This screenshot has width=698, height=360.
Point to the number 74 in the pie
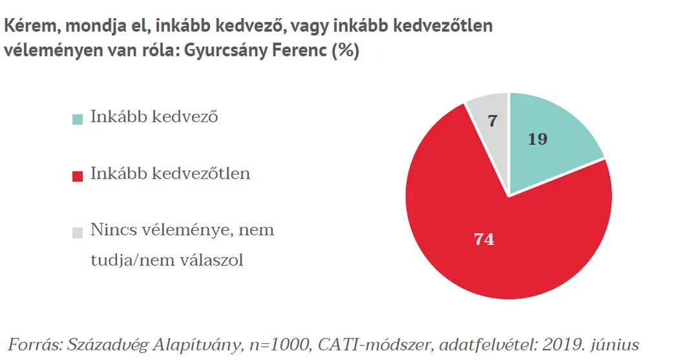(x=484, y=239)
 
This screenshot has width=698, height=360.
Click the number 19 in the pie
(x=538, y=138)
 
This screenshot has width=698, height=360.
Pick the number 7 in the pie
(x=492, y=121)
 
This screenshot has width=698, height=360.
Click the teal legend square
(x=78, y=119)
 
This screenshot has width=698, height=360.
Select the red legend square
(x=78, y=175)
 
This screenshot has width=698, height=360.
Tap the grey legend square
(x=78, y=231)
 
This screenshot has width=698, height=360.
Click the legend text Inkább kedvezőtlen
(x=170, y=174)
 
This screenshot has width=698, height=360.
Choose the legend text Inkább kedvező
(x=154, y=118)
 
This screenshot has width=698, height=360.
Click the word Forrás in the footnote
(x=33, y=343)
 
